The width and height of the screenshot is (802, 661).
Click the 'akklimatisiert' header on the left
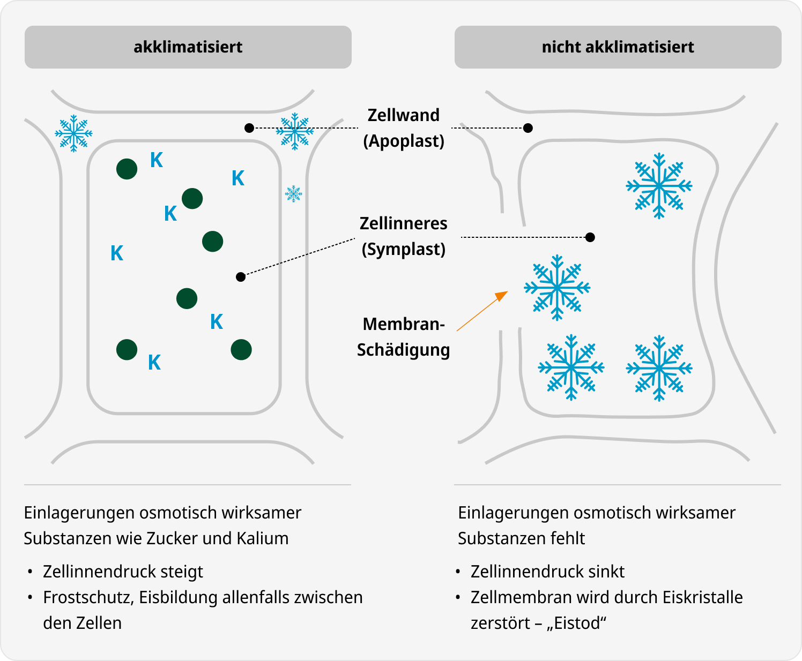coord(188,47)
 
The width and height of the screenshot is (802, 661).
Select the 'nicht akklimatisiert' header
coord(618,47)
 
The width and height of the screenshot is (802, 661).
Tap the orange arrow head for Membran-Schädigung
coord(502,296)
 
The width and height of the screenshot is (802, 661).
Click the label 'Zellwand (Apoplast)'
coord(403,128)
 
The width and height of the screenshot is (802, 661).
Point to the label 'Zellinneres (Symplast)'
coord(403,236)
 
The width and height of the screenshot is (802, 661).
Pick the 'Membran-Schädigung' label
coord(403,337)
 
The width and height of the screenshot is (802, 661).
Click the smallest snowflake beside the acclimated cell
coord(293,194)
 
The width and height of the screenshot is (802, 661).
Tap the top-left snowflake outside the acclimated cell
coord(74,133)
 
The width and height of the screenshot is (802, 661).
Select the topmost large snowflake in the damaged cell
coord(659,186)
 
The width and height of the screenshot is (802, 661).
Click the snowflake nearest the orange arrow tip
coord(557,288)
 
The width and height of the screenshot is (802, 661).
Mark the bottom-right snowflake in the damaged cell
coord(659,368)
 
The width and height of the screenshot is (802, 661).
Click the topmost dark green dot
coord(127,169)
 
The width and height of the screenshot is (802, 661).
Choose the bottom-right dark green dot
coord(241,350)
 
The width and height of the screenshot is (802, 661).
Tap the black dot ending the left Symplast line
coord(241,277)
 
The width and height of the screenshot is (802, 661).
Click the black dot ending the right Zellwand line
coord(528,128)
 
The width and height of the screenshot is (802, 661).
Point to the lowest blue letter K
coord(154,362)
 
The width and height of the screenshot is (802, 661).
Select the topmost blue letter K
coord(157,160)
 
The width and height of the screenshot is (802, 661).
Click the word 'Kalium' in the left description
coord(262,538)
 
